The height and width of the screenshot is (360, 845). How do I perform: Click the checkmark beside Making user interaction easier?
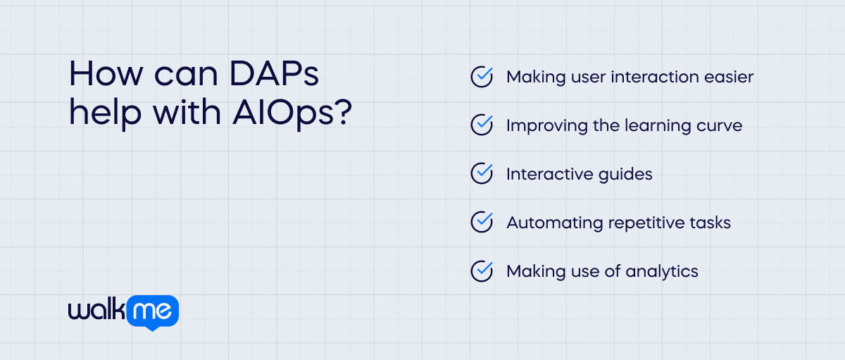[482, 77]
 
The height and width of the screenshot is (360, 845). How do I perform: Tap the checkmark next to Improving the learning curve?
[482, 125]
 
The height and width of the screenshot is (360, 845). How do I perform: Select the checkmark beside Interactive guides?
[482, 174]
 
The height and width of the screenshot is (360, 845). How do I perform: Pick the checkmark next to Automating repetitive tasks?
[482, 223]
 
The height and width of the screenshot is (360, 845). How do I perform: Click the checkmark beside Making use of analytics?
[482, 271]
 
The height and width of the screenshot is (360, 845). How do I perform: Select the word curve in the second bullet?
[718, 125]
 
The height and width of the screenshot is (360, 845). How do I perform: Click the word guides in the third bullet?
[622, 174]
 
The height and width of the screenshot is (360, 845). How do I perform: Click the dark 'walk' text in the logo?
[96, 310]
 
